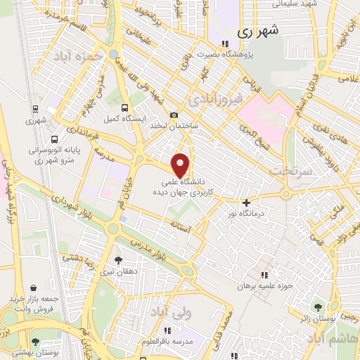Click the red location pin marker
coord(181,165)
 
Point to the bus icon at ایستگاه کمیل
coord(124,108)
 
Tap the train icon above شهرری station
coord(34,109)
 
